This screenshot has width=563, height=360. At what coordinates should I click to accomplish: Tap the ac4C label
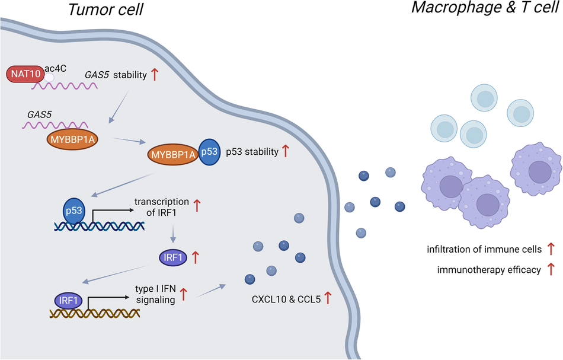click(x=55, y=69)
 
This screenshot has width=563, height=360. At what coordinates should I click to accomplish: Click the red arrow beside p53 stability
click(x=286, y=151)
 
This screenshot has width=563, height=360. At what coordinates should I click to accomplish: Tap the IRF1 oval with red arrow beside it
click(x=173, y=257)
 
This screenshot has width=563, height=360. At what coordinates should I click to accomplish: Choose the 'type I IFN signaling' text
click(x=155, y=295)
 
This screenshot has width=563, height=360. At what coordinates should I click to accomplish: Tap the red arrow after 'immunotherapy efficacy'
click(x=551, y=270)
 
